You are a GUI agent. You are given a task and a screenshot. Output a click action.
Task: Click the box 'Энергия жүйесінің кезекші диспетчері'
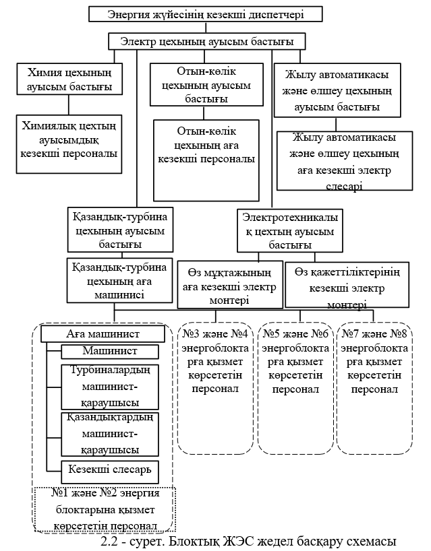tap(206, 13)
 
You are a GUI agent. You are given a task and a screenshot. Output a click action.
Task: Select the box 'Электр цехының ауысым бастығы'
tap(207, 42)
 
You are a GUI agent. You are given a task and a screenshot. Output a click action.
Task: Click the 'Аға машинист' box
tap(103, 334)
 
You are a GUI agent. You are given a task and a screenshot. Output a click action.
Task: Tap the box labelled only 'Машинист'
tap(110, 352)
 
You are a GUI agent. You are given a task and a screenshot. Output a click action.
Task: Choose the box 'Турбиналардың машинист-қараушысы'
tap(110, 386)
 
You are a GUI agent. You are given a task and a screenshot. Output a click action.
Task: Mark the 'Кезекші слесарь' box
tap(110, 468)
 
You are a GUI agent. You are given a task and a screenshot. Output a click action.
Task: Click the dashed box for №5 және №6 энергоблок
tap(295, 387)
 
